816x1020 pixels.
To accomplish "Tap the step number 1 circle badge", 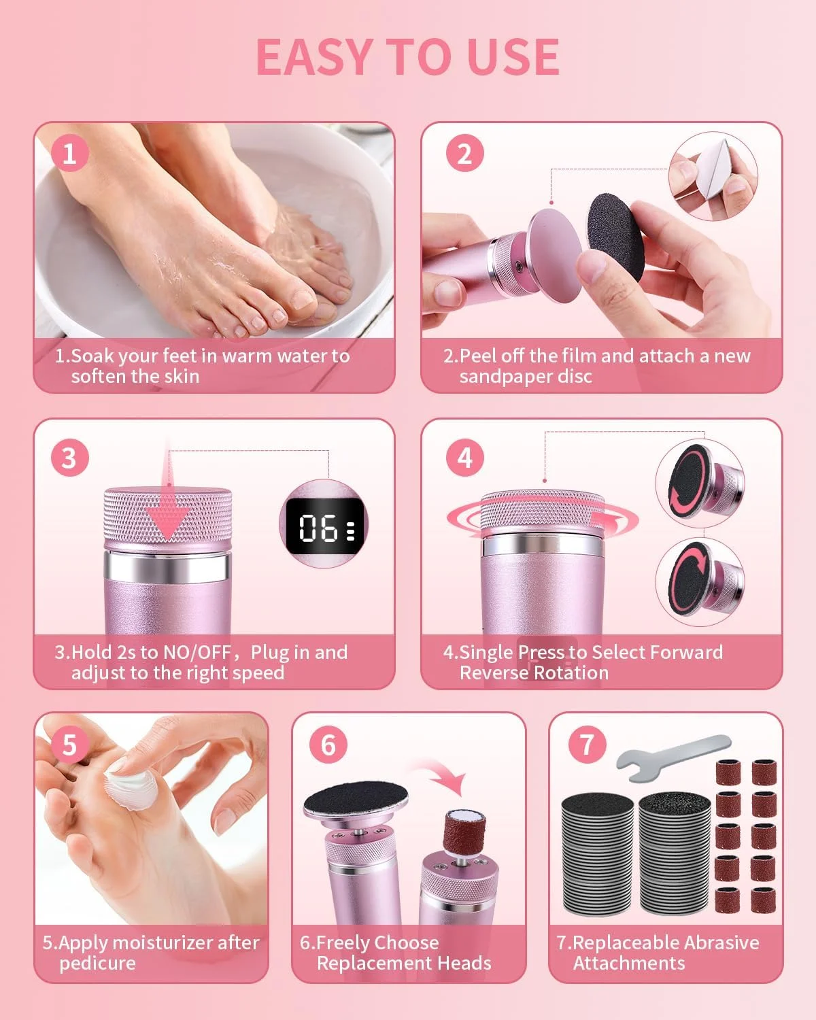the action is click(69, 154).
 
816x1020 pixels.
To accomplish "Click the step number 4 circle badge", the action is click(464, 458).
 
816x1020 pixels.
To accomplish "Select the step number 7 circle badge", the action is click(588, 745).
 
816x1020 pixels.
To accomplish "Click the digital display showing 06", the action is click(325, 526).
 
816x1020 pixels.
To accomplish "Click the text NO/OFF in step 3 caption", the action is click(197, 653).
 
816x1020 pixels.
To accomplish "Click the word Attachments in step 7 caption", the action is click(629, 963).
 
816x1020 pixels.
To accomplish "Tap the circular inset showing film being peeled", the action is click(713, 176).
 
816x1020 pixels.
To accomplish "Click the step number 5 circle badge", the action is click(69, 745).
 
